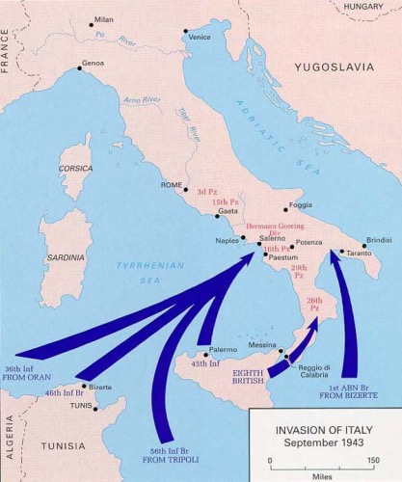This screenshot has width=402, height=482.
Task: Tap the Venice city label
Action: coord(201,37)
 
